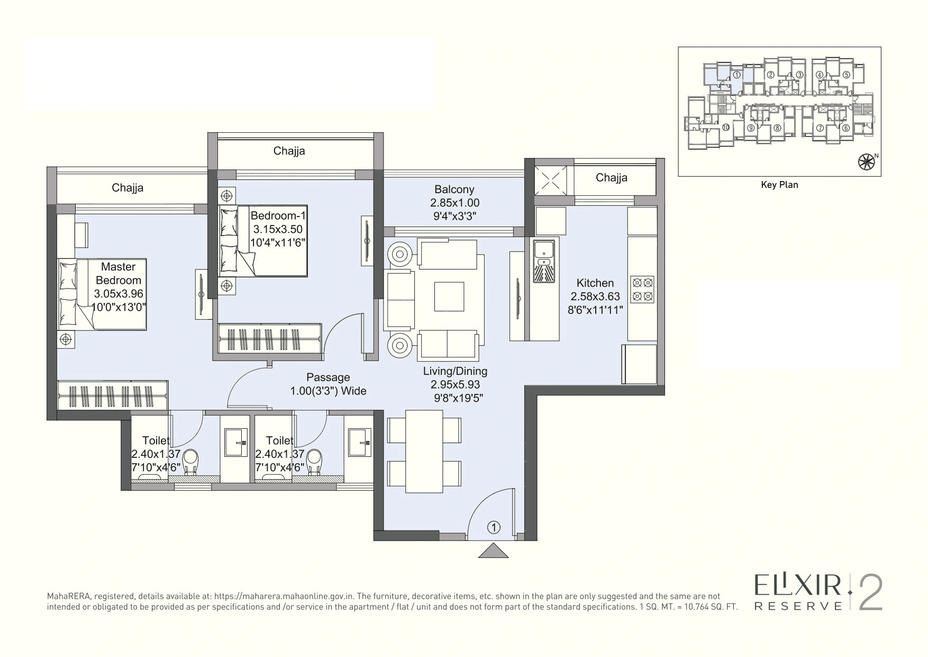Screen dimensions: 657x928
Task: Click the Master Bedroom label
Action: (x=119, y=274)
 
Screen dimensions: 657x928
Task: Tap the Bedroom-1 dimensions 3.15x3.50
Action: (x=278, y=229)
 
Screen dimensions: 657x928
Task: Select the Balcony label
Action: (x=454, y=190)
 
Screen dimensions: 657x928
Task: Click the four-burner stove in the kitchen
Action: (x=642, y=289)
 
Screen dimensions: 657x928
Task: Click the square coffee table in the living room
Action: (x=449, y=296)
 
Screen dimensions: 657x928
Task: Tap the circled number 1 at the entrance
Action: (x=493, y=527)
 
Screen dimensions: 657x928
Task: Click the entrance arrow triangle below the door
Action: (x=493, y=551)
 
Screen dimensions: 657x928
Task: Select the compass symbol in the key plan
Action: (x=866, y=162)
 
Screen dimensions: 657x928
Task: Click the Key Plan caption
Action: (x=779, y=185)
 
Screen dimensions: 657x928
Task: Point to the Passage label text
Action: (x=328, y=377)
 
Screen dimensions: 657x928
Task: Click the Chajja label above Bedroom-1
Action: (x=289, y=151)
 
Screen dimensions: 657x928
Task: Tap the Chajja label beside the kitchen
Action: (x=611, y=178)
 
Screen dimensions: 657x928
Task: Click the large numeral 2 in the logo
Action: (x=870, y=592)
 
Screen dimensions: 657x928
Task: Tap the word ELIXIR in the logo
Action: (x=798, y=587)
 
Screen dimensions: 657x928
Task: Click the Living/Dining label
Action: (x=455, y=371)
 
